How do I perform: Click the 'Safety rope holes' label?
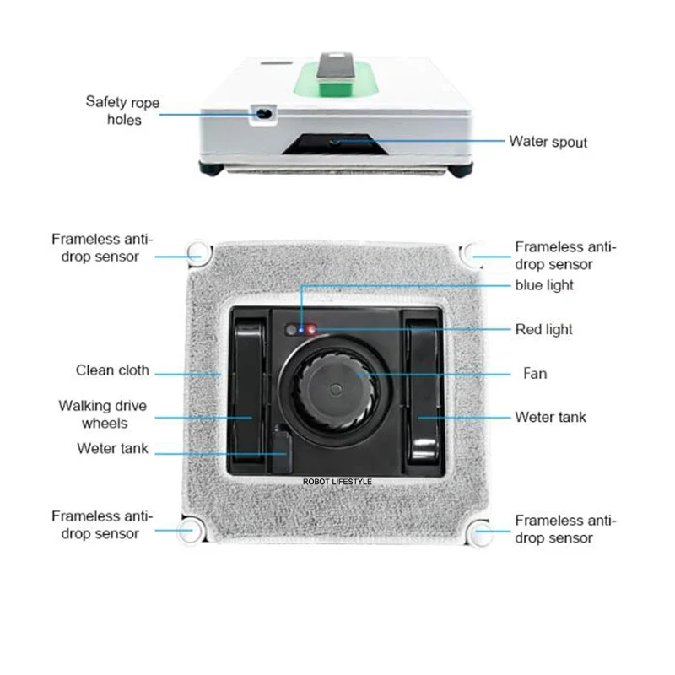click(122, 111)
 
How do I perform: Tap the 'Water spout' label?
click(548, 141)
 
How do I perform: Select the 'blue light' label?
click(544, 285)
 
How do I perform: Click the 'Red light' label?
click(543, 329)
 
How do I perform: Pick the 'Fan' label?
click(536, 373)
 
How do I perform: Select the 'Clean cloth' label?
click(112, 370)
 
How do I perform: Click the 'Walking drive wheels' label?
click(102, 413)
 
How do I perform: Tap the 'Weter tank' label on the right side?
click(550, 417)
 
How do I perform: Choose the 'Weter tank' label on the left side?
click(112, 448)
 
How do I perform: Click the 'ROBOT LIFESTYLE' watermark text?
click(337, 482)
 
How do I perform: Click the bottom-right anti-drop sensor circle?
click(482, 532)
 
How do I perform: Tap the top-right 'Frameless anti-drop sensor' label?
click(565, 255)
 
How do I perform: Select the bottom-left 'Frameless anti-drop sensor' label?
click(102, 524)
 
